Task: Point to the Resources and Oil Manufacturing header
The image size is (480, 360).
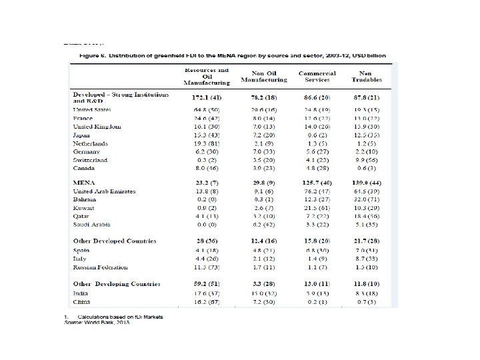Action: (207, 76)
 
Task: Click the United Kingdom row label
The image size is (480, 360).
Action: (97, 126)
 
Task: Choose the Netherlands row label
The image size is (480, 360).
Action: (91, 143)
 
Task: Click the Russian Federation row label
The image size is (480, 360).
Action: (100, 267)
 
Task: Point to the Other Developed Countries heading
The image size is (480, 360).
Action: (115, 241)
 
